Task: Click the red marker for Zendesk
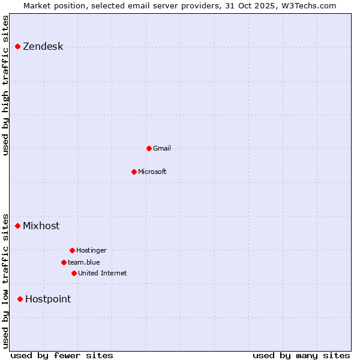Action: pyautogui.click(x=18, y=46)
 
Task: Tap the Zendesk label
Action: pyautogui.click(x=43, y=47)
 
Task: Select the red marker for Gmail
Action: pyautogui.click(x=149, y=148)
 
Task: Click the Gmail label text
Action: pyautogui.click(x=161, y=148)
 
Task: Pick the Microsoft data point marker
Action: pyautogui.click(x=134, y=172)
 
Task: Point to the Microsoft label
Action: pyautogui.click(x=152, y=172)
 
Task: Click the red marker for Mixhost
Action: pyautogui.click(x=18, y=226)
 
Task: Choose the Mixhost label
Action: pyautogui.click(x=41, y=226)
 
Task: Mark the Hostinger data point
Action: pyautogui.click(x=72, y=250)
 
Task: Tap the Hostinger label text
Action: pyautogui.click(x=91, y=250)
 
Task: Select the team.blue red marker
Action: pyautogui.click(x=64, y=262)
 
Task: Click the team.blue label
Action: pyautogui.click(x=83, y=262)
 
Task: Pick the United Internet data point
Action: pyautogui.click(x=74, y=273)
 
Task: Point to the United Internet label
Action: pyautogui.click(x=102, y=273)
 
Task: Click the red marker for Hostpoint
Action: pyautogui.click(x=20, y=299)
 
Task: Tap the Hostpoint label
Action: pyautogui.click(x=47, y=299)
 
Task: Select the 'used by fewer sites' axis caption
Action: pyautogui.click(x=61, y=355)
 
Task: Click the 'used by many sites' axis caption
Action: pyautogui.click(x=301, y=355)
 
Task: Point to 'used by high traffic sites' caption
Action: pyautogui.click(x=6, y=85)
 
